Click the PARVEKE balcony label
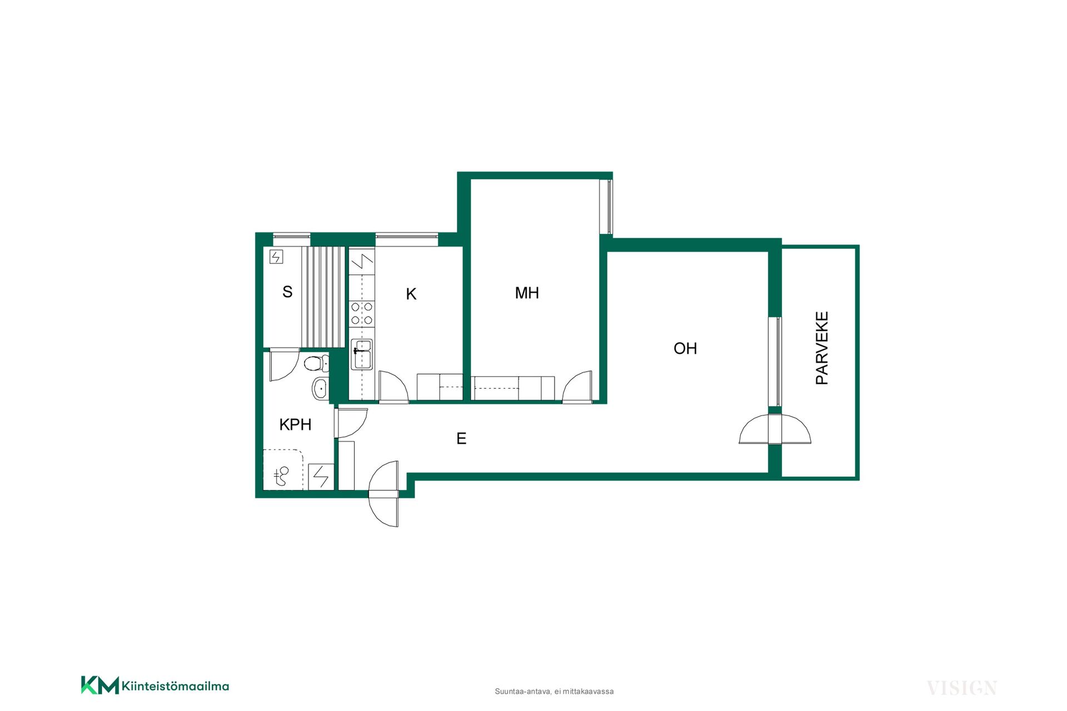coord(822,348)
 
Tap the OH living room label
coord(685,348)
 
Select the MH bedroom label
coord(527,293)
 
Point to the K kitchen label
coord(411,294)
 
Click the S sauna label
coord(287,292)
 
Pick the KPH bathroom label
coord(295,424)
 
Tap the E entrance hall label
coord(461,438)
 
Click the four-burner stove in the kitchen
coord(361,313)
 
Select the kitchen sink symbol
coord(362,354)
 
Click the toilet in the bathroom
coord(316,363)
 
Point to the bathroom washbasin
coord(320,388)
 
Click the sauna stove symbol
coord(276,257)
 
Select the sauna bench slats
coord(323,297)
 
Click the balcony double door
coord(775,429)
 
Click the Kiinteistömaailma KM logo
coord(155,685)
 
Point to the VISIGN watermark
coord(962,688)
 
